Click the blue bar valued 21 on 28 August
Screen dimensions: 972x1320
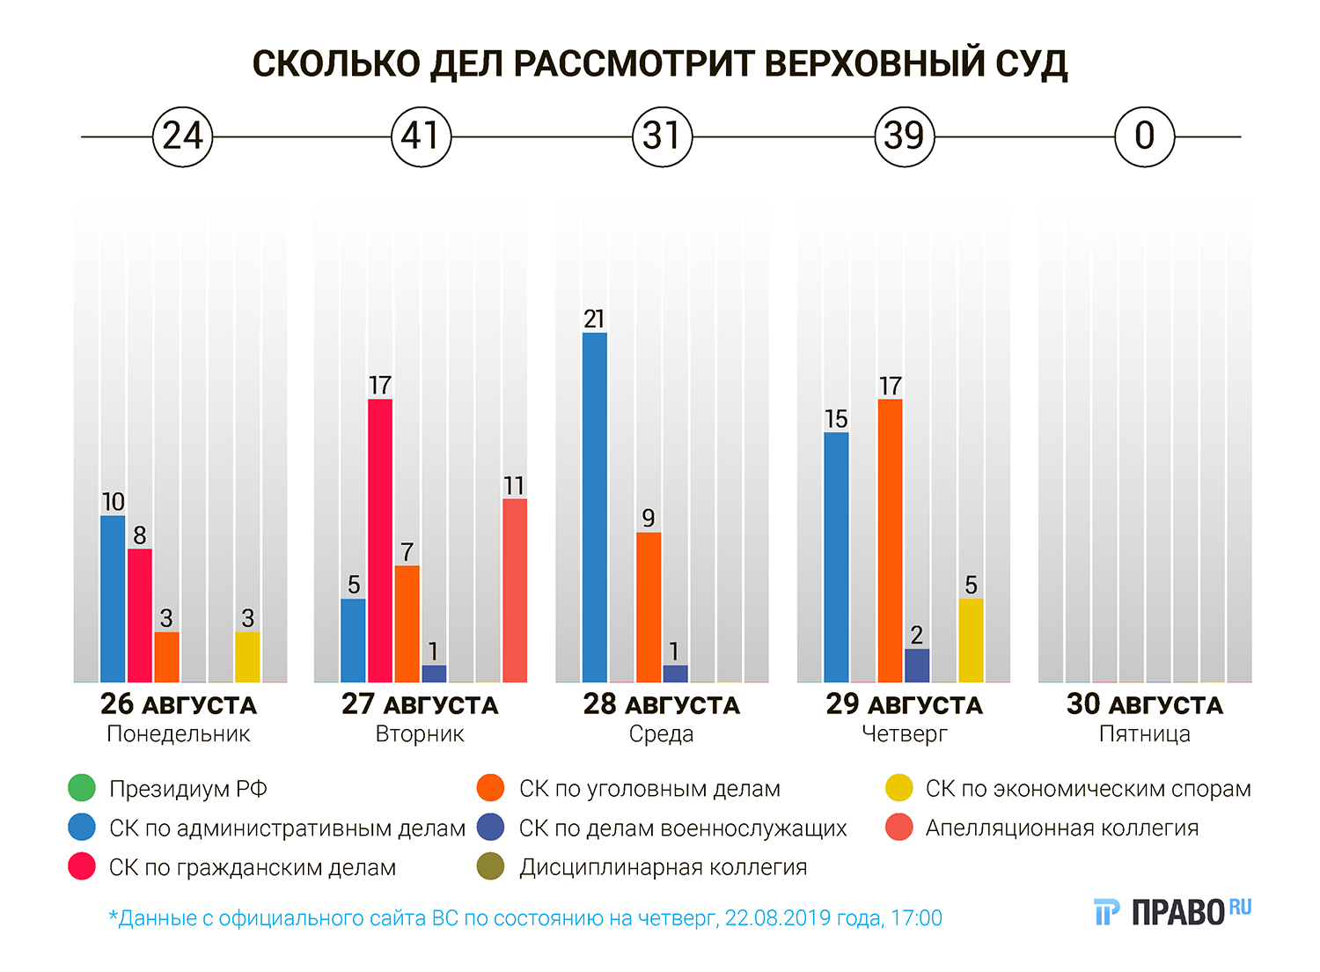(x=595, y=507)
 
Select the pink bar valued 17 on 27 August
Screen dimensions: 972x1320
(x=380, y=541)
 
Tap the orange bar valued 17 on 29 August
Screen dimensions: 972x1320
(x=890, y=541)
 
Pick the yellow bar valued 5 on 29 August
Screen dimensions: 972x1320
(x=971, y=640)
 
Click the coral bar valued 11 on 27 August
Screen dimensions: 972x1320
(x=515, y=590)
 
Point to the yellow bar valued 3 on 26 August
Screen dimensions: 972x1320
(x=247, y=657)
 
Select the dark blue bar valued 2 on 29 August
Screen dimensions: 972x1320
(x=917, y=666)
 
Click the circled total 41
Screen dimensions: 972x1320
(x=421, y=136)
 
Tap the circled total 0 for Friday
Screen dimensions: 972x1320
(x=1144, y=136)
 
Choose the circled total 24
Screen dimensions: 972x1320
(x=183, y=136)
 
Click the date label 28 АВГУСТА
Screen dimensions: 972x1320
(x=661, y=704)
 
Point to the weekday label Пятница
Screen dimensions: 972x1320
(x=1144, y=734)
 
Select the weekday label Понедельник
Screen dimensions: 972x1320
(x=179, y=734)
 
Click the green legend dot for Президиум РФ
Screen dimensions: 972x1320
(x=82, y=788)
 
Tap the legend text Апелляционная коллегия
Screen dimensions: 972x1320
(x=1061, y=828)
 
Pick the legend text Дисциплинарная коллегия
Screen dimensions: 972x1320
(x=663, y=867)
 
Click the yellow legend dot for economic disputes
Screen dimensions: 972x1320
(x=899, y=788)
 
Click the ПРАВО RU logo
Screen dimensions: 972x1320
(x=1172, y=912)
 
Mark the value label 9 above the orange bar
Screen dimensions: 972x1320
(x=649, y=518)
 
